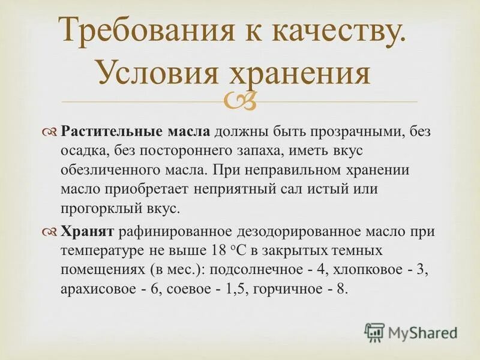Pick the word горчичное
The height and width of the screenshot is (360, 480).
tap(285, 289)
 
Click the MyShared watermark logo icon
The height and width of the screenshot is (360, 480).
tap(374, 332)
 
